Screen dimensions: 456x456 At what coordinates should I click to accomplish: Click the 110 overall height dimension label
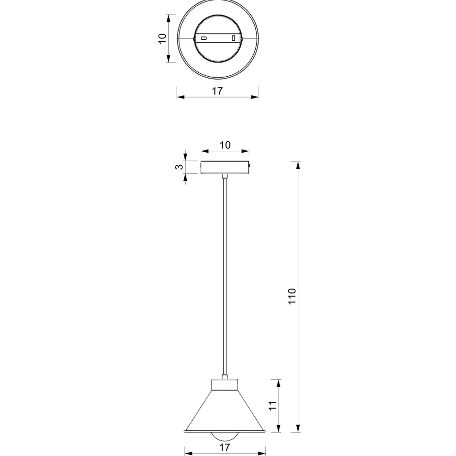tap(292, 296)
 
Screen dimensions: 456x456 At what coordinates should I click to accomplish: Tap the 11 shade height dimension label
tap(272, 406)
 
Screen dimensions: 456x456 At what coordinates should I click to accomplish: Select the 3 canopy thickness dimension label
tap(179, 167)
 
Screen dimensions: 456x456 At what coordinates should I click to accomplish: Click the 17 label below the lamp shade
tap(225, 447)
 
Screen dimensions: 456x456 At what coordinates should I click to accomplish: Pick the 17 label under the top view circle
tap(217, 91)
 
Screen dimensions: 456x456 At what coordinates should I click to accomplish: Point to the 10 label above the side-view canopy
tap(225, 145)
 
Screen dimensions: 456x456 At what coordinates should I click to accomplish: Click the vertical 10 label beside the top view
tap(163, 38)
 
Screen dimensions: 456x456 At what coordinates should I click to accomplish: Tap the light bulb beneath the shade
tap(225, 436)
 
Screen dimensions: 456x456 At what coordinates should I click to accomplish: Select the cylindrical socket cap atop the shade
tap(225, 385)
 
